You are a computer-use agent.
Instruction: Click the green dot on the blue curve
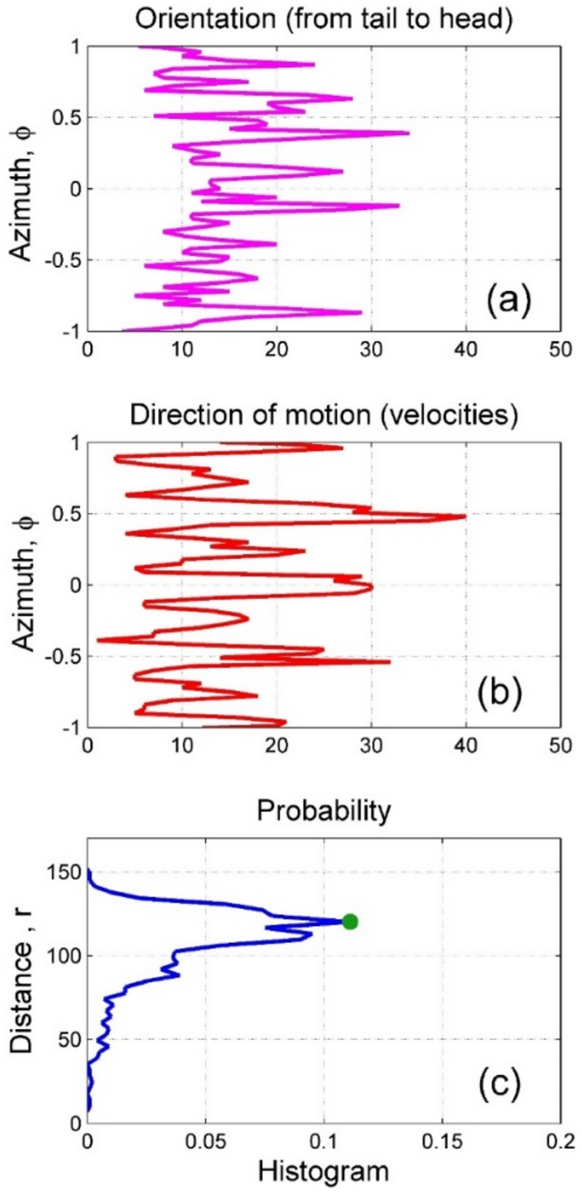pyautogui.click(x=349, y=921)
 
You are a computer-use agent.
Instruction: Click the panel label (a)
pyautogui.click(x=508, y=299)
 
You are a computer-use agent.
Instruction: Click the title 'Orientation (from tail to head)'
pyautogui.click(x=324, y=16)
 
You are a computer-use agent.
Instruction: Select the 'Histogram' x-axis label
pyautogui.click(x=324, y=1174)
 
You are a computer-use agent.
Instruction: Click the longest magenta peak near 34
pyautogui.click(x=408, y=133)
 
